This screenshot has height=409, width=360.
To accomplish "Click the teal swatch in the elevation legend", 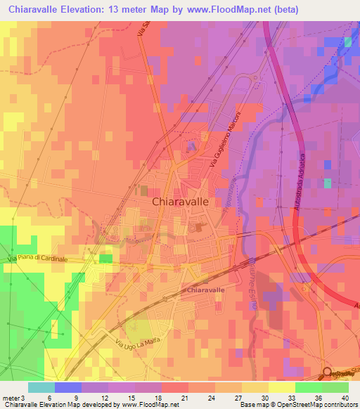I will [x=41, y=387].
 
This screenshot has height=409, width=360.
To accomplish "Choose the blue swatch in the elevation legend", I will [x=68, y=387].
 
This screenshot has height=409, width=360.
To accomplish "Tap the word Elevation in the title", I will [x=85, y=10].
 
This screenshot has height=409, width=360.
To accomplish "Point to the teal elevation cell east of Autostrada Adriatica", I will [x=328, y=183].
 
